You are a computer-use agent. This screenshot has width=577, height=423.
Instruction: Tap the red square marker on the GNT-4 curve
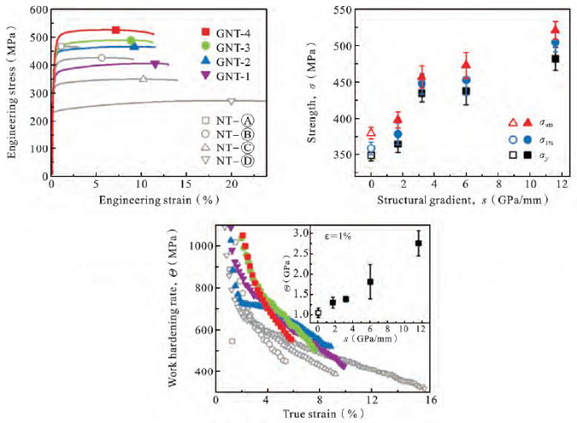click(x=116, y=30)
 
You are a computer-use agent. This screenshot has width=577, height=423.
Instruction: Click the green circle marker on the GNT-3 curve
click(x=131, y=40)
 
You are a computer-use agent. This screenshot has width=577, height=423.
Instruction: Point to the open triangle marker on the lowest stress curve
click(x=230, y=102)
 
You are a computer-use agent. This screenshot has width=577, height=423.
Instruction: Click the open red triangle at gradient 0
click(x=371, y=132)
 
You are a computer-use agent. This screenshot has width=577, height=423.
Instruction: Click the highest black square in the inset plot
click(x=418, y=243)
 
